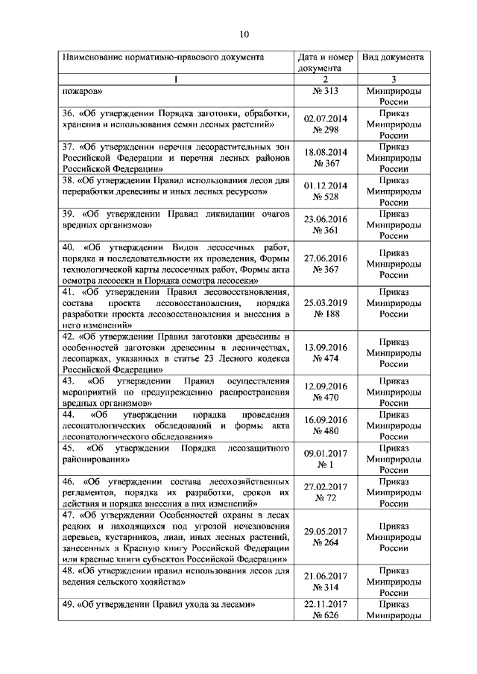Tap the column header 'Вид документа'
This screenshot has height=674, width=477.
click(393, 57)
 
